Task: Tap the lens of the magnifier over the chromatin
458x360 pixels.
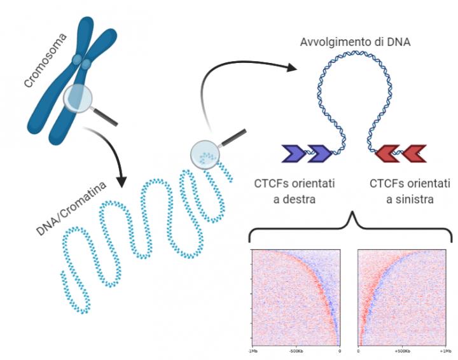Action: tap(205, 153)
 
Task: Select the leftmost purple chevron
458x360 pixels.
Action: tap(293, 152)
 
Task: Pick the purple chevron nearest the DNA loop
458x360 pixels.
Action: tap(319, 152)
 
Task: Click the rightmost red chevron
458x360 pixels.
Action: tap(414, 152)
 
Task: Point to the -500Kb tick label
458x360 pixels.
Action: tap(297, 350)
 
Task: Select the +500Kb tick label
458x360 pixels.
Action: tap(402, 350)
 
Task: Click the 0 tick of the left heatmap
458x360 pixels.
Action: tap(340, 350)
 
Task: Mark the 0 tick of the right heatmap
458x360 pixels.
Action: tap(358, 350)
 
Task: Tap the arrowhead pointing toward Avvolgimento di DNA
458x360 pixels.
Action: tap(292, 67)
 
